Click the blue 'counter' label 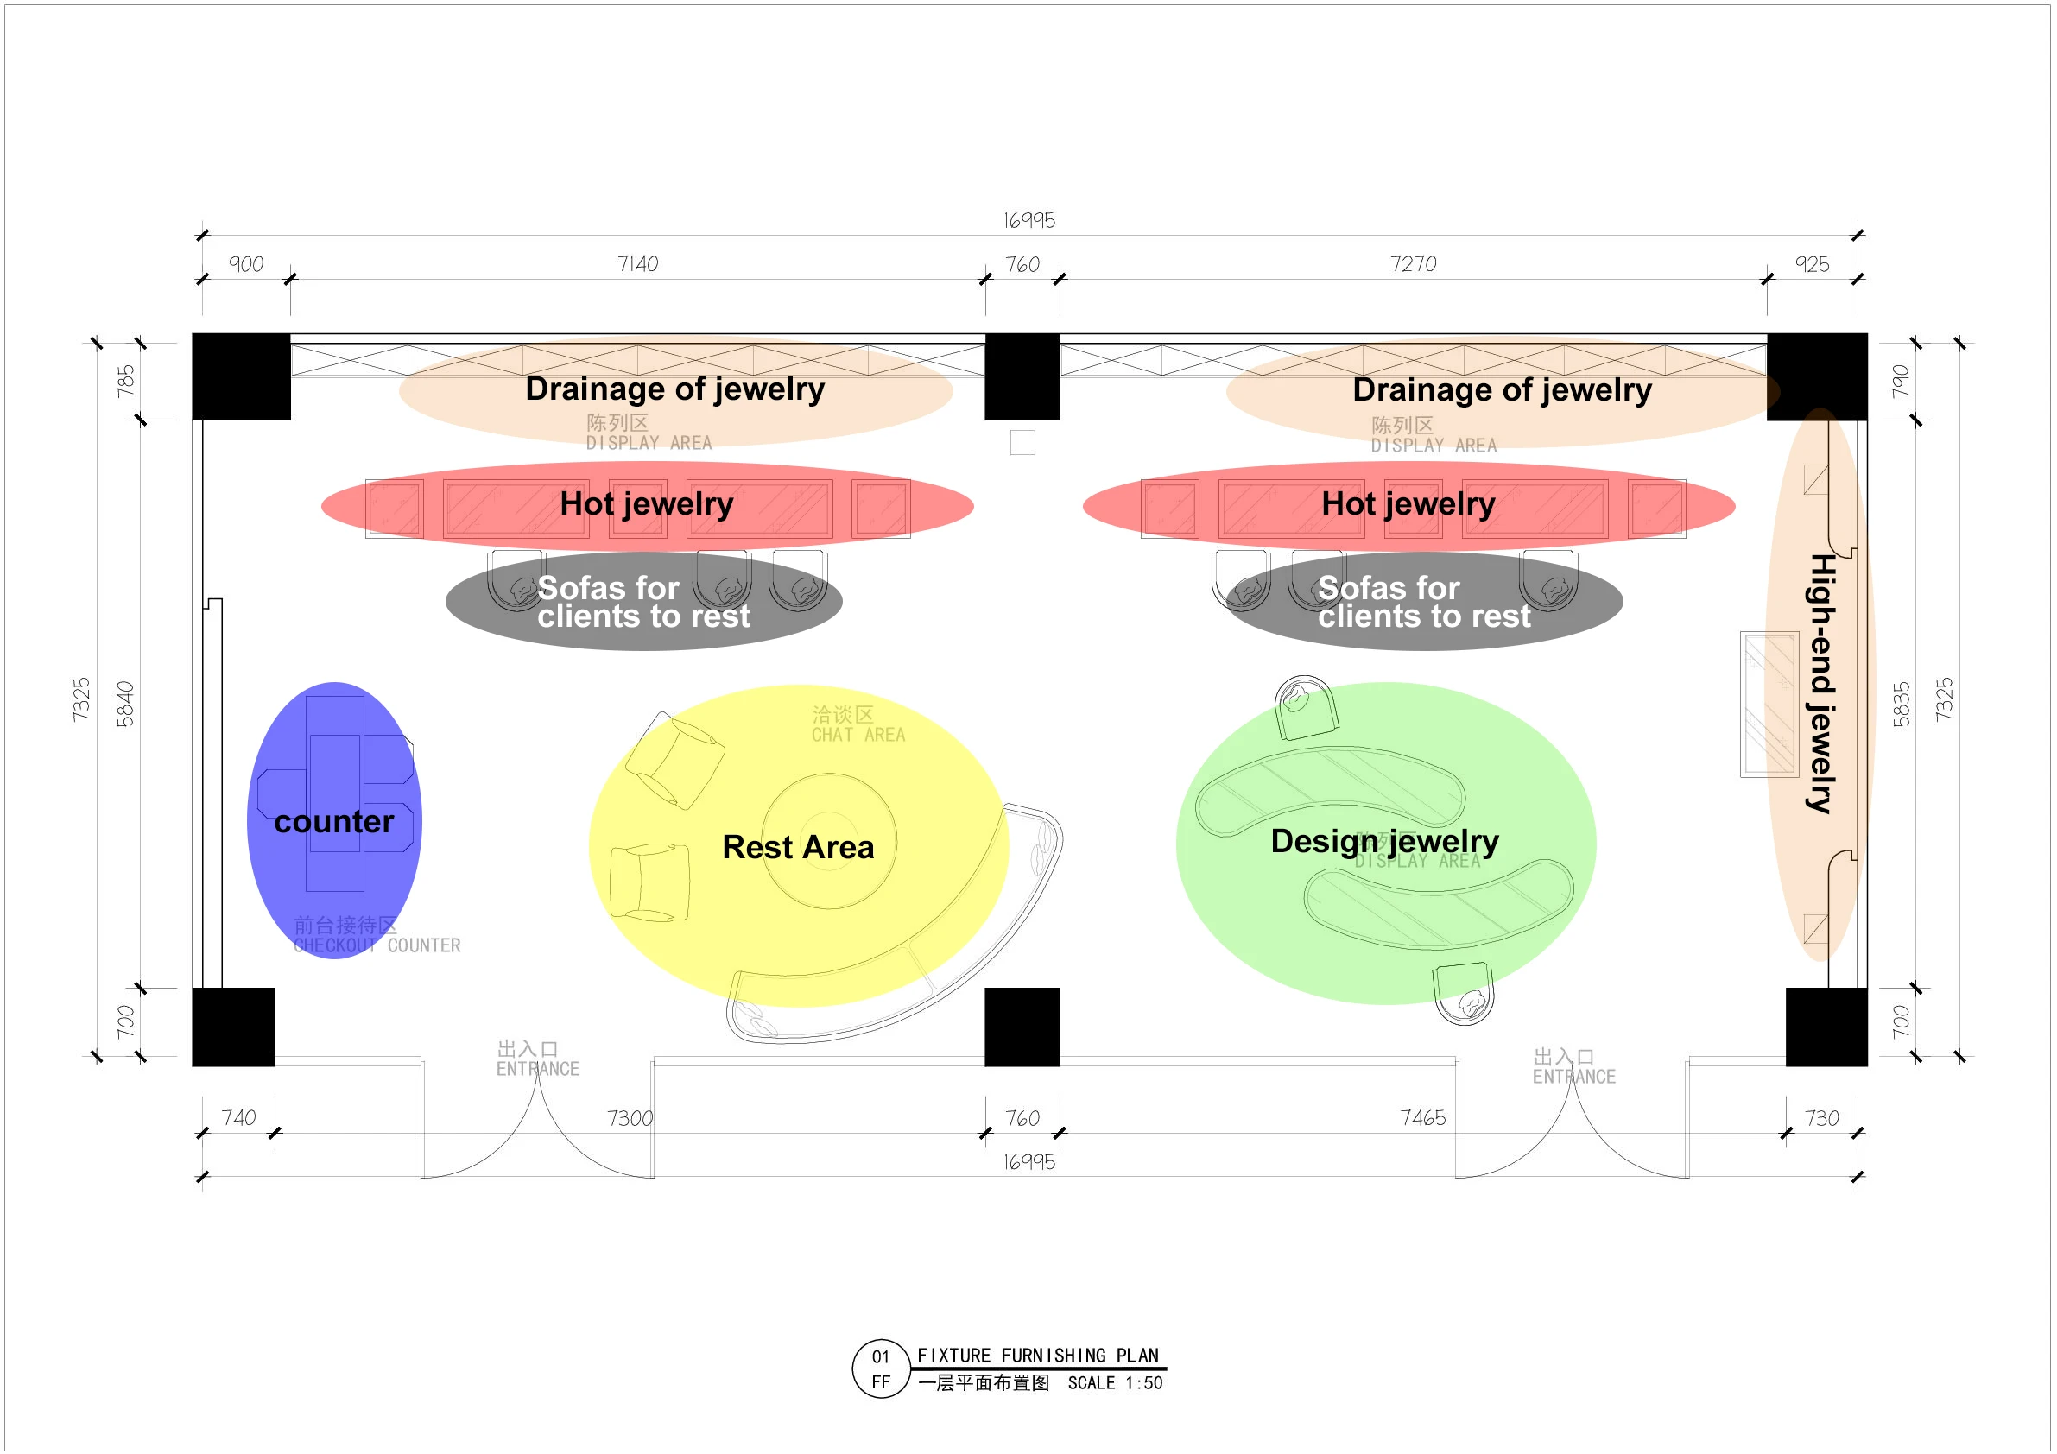tap(333, 821)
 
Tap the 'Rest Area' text tap(797, 847)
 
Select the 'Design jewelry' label tap(1384, 840)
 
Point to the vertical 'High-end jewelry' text tap(1820, 683)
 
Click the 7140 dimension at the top tap(637, 263)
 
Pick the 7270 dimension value tap(1413, 263)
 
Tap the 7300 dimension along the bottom tap(630, 1118)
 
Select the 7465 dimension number tap(1422, 1117)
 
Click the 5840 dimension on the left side tap(124, 704)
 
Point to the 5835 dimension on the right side tap(1901, 704)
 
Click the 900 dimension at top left tap(245, 264)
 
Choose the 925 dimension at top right tap(1812, 264)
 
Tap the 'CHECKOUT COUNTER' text tap(377, 945)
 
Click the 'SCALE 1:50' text tap(1115, 1382)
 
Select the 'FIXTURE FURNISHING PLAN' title tap(1037, 1355)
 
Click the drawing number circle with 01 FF tap(880, 1368)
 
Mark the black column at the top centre tap(1022, 376)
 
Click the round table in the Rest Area tap(829, 840)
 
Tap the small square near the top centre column tap(1022, 443)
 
